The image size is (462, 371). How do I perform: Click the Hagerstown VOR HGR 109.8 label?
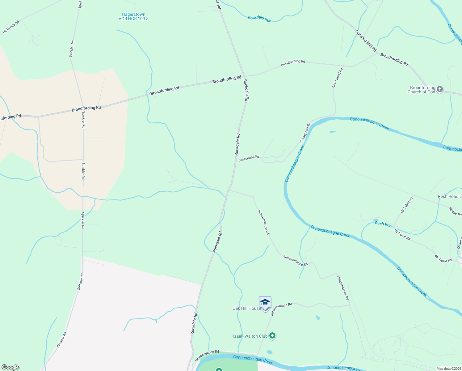pyautogui.click(x=133, y=16)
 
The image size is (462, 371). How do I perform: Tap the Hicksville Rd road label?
pyautogui.click(x=11, y=27)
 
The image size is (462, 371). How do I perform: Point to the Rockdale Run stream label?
pyautogui.click(x=259, y=19)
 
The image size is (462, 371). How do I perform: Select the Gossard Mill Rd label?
pyautogui.click(x=366, y=41)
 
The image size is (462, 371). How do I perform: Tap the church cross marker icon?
pyautogui.click(x=439, y=90)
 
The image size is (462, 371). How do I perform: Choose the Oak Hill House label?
pyautogui.click(x=246, y=308)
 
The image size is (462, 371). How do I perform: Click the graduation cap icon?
pyautogui.click(x=265, y=302)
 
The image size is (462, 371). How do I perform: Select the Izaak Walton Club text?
pyautogui.click(x=250, y=336)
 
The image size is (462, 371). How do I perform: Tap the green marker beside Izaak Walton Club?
pyautogui.click(x=272, y=335)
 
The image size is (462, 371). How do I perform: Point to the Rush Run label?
pyautogui.click(x=383, y=224)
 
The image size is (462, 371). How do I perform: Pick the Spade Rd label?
pyautogui.click(x=455, y=212)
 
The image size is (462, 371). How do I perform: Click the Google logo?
pyautogui.click(x=10, y=367)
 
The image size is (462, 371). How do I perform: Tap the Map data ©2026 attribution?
pyautogui.click(x=448, y=369)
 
